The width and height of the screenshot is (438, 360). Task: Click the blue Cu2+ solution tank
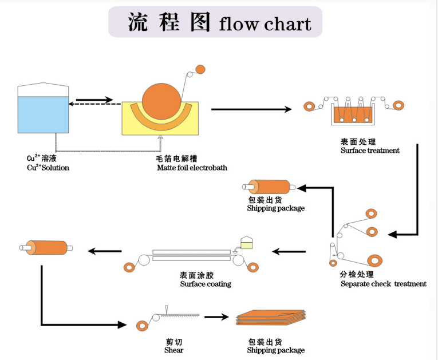click(43, 114)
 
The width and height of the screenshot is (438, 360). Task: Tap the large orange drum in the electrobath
click(160, 103)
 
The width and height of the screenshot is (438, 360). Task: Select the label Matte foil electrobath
click(192, 168)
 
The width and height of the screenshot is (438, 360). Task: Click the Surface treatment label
click(370, 151)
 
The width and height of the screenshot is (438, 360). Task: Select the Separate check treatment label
click(383, 284)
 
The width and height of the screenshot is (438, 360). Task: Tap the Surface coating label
click(206, 284)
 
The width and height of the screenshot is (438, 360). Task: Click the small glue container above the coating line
click(247, 243)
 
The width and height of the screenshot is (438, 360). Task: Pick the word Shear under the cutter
click(174, 350)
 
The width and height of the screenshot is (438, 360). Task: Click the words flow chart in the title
click(265, 24)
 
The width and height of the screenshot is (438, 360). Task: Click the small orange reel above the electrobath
click(200, 69)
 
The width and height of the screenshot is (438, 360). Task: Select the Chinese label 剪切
click(174, 342)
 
